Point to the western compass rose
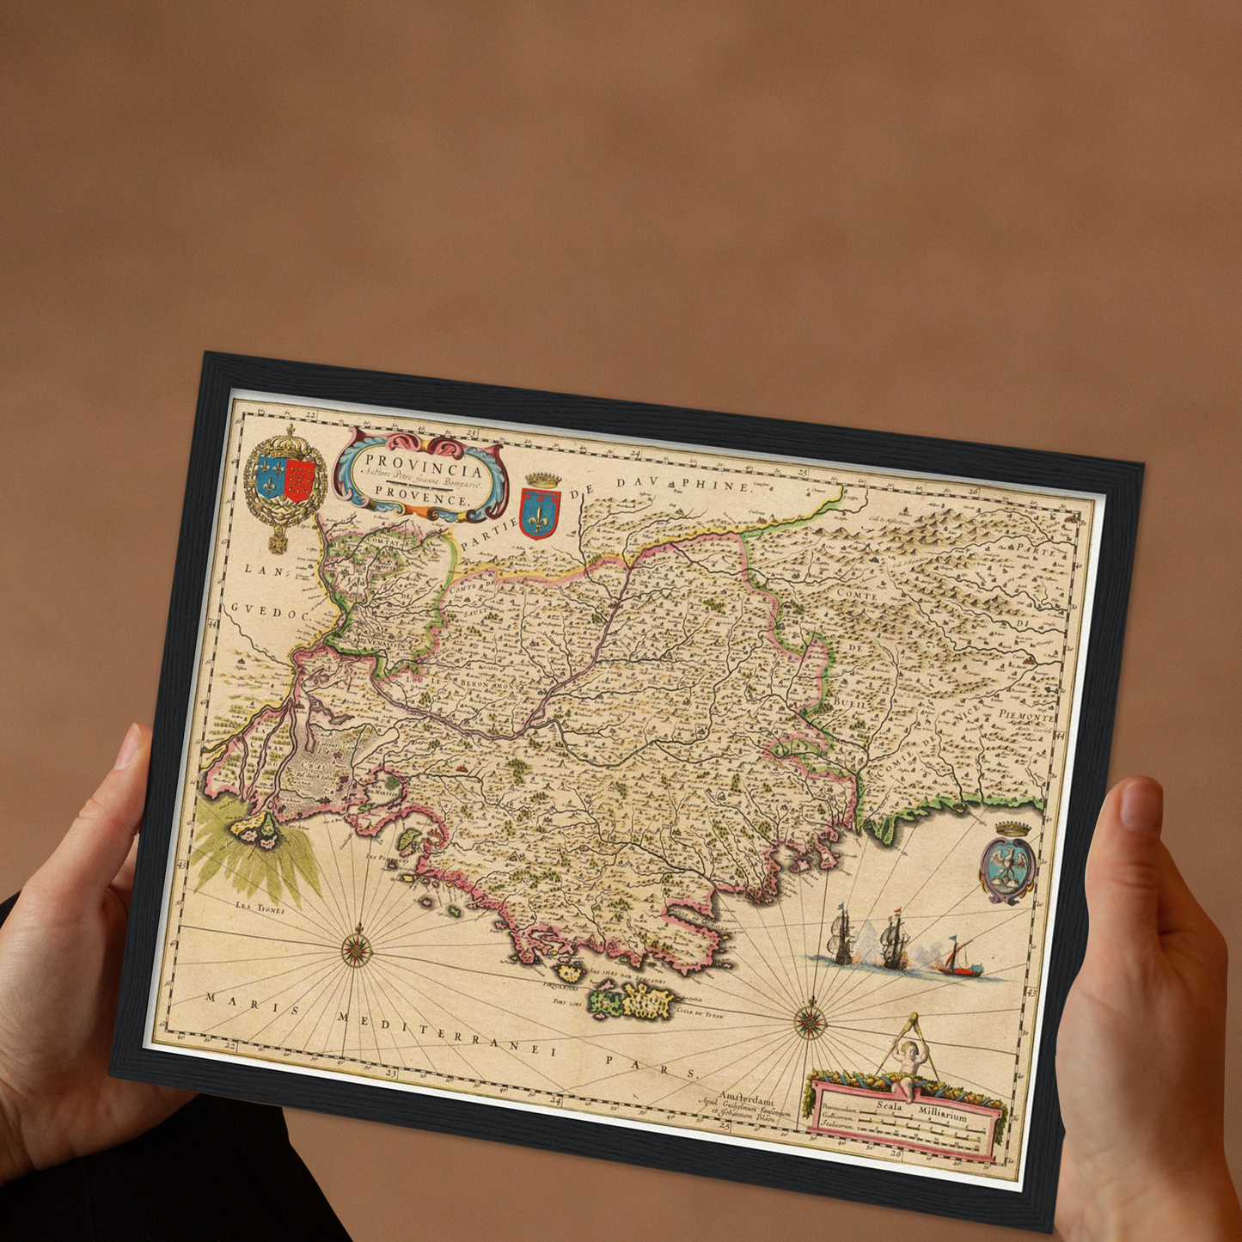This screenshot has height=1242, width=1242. coord(356,949)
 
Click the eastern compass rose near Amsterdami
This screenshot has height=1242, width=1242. coord(810,1022)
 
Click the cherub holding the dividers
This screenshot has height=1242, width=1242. coord(909,1062)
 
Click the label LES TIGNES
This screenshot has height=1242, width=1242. coord(260,907)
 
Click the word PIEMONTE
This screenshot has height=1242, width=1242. coord(1026,715)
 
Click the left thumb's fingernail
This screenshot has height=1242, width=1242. coord(129,746)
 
